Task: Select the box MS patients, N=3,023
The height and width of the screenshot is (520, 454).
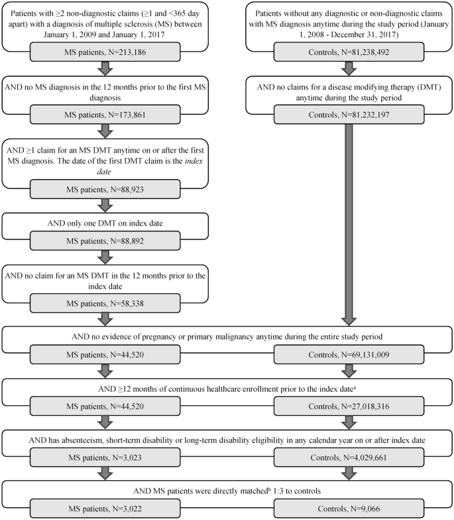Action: (x=109, y=458)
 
